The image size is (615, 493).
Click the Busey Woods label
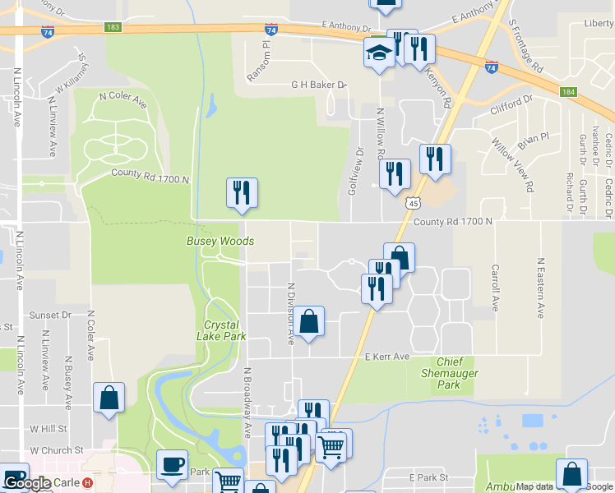220,241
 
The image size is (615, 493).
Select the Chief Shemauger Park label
460,373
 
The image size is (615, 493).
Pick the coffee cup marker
173,464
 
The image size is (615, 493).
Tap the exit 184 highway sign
567,92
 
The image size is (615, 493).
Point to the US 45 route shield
414,203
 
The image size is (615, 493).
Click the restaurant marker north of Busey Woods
242,192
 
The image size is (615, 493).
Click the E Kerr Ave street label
386,357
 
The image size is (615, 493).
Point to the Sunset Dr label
50,315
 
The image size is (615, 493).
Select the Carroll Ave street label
495,288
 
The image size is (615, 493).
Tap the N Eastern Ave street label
541,288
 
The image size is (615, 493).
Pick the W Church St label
57,450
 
